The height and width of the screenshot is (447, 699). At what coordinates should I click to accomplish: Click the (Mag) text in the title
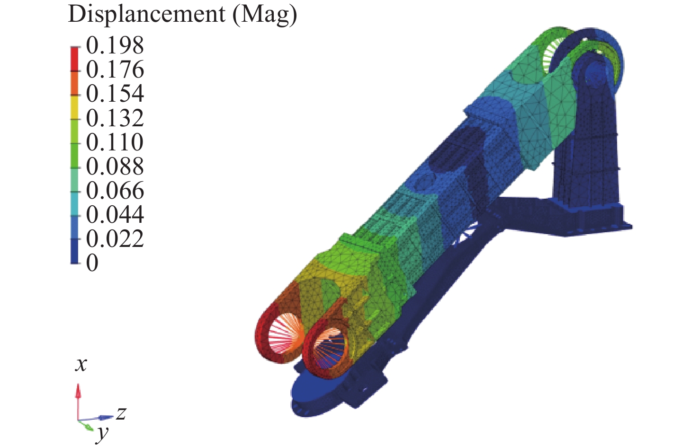tap(265, 15)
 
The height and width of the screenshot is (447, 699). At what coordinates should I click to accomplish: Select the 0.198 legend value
tap(115, 45)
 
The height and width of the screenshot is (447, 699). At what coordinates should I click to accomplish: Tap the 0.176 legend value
tap(115, 70)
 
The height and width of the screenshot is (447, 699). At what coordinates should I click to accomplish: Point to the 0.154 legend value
tap(115, 94)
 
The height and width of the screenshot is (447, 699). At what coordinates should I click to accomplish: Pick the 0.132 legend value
tap(115, 118)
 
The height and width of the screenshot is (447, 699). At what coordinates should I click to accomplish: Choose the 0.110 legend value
tap(115, 142)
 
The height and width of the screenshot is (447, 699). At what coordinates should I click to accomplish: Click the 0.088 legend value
tap(115, 166)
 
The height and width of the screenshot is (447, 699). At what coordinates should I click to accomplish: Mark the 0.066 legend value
tap(115, 191)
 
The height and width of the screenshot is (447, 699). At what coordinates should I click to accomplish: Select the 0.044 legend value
tap(115, 214)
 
